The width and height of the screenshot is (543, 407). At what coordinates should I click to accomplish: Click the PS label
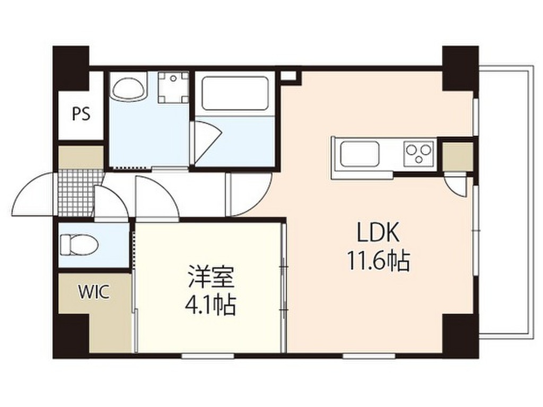click(x=81, y=113)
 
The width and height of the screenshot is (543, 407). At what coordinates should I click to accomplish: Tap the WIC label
click(x=94, y=292)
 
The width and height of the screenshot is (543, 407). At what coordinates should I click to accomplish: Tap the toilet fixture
click(x=79, y=245)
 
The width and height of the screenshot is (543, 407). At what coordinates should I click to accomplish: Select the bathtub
click(x=235, y=94)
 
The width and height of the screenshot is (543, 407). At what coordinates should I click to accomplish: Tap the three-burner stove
click(x=419, y=154)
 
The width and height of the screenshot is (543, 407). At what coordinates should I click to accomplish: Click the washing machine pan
click(x=173, y=88)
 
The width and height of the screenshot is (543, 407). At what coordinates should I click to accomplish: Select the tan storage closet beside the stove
click(x=457, y=156)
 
